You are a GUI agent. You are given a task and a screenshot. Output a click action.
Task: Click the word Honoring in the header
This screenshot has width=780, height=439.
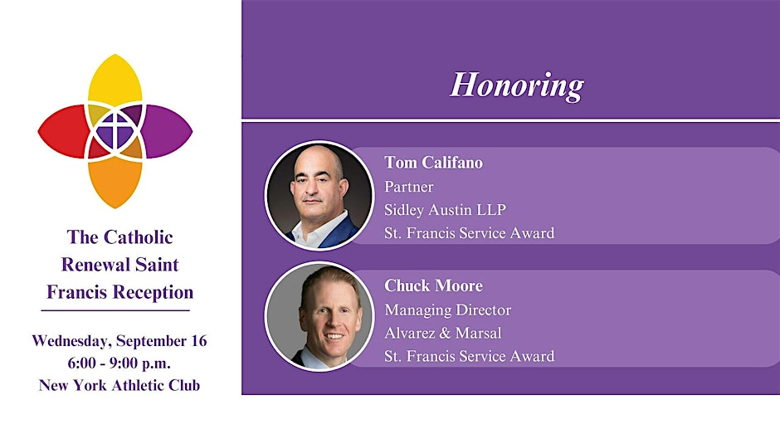click(x=517, y=85)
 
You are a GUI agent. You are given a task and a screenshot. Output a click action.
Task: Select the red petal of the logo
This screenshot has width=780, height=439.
click(x=62, y=131)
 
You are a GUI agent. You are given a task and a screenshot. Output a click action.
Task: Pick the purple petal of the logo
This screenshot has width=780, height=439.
click(x=168, y=131)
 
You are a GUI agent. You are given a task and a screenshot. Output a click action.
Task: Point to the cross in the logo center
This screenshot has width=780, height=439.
click(x=115, y=131)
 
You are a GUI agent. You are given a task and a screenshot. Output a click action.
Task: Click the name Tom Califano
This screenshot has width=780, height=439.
click(x=433, y=163)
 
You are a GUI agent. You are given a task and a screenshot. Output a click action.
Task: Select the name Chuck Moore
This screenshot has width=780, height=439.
click(x=433, y=285)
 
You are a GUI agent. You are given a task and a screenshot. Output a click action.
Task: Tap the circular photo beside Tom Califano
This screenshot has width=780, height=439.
click(x=319, y=195)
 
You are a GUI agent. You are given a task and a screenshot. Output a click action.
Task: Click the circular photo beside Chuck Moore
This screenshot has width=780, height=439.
click(x=319, y=316)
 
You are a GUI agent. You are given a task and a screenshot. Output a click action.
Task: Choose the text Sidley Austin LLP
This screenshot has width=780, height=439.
click(x=446, y=210)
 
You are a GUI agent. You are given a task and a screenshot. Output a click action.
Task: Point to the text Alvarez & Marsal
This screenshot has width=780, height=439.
click(x=443, y=333)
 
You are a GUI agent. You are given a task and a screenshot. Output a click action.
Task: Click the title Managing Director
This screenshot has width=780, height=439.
click(x=448, y=310)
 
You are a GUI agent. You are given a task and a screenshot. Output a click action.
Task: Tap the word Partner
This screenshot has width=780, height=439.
click(x=409, y=187)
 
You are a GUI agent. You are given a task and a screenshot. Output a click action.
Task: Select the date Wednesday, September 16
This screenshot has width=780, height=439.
click(x=119, y=341)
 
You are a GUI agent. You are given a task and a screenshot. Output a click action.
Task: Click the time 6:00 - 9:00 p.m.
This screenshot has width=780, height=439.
click(x=119, y=363)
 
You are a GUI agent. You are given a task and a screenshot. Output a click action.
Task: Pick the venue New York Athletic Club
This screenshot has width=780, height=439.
click(x=119, y=385)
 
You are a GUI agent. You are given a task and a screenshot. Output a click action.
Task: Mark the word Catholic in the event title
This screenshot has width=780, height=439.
click(x=139, y=237)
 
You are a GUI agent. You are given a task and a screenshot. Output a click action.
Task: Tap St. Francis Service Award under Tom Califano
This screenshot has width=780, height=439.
click(x=469, y=233)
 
